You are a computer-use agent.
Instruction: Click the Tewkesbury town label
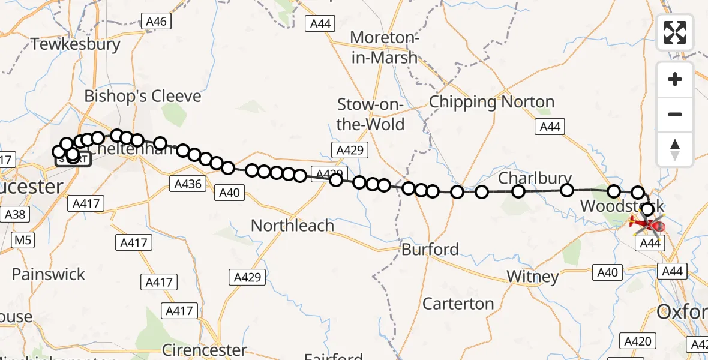(x=76, y=44)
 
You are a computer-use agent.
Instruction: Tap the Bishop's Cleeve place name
(x=143, y=97)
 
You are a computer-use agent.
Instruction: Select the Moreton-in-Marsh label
(x=384, y=47)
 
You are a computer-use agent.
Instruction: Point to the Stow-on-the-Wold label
(x=371, y=114)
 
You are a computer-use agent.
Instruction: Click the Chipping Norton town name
(x=491, y=102)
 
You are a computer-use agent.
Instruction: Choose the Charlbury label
(x=535, y=179)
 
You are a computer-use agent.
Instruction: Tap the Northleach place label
(x=292, y=226)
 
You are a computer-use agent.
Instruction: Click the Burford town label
(x=430, y=250)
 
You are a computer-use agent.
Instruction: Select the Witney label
(x=533, y=277)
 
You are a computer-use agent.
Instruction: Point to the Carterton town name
(x=458, y=304)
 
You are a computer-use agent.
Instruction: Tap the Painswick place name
(x=49, y=275)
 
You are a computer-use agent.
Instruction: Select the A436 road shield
(x=187, y=184)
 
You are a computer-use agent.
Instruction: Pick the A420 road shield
(x=637, y=341)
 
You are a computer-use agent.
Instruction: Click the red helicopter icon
(x=649, y=226)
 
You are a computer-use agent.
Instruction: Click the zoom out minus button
(x=675, y=114)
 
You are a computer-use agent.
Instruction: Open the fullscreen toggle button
(x=675, y=32)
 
